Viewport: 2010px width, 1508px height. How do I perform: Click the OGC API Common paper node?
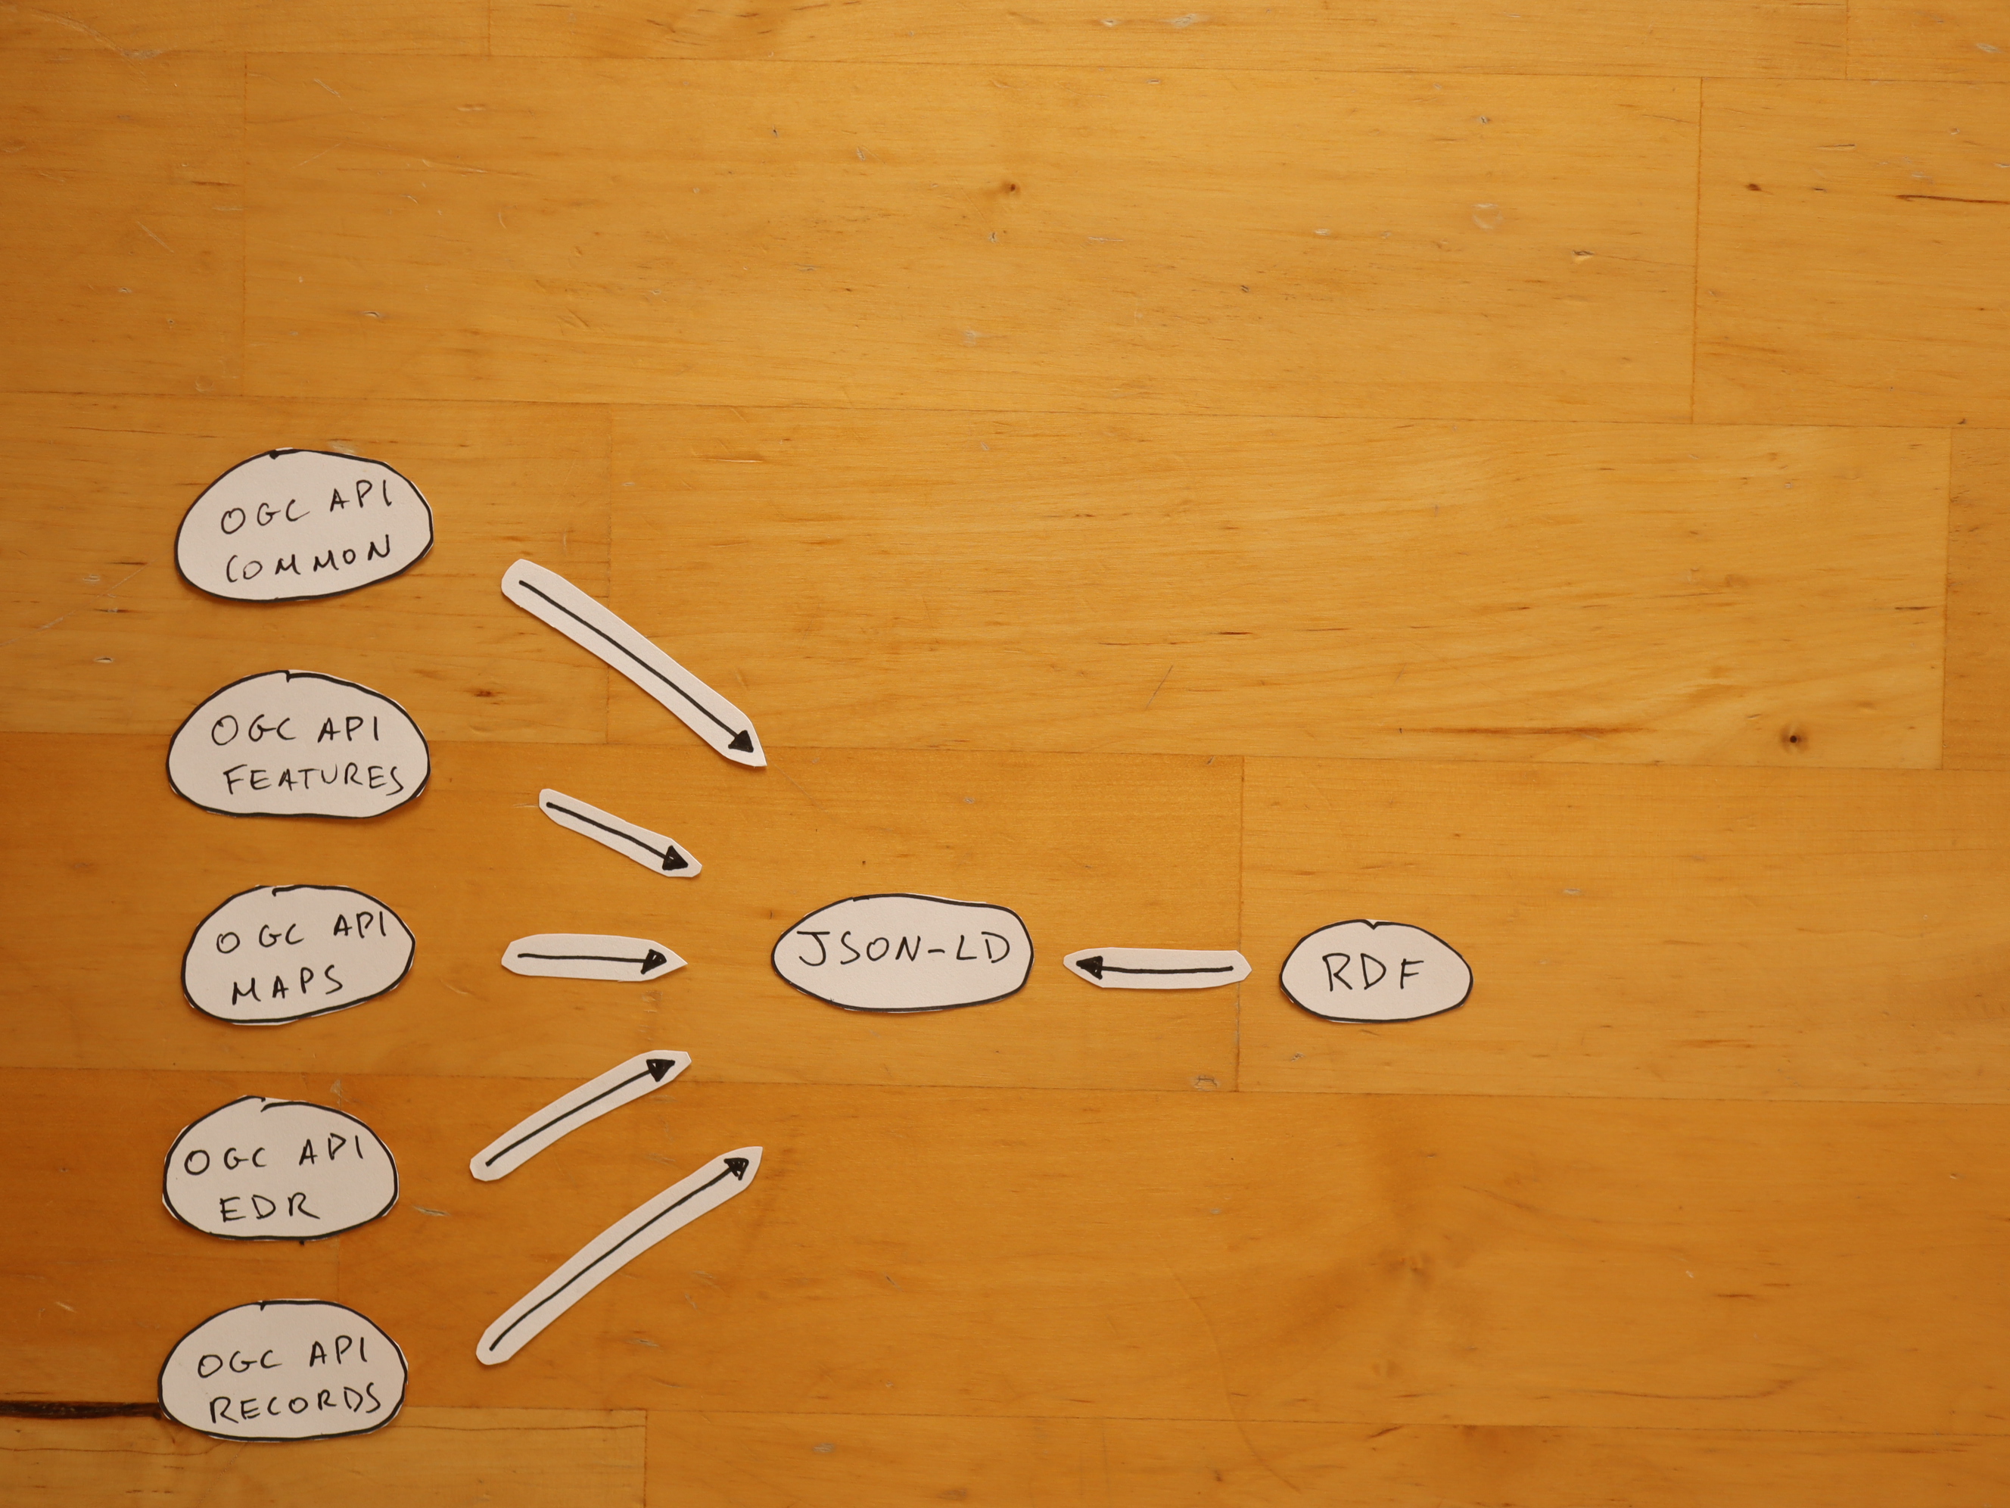[x=303, y=525]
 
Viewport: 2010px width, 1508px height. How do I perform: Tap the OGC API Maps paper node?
[x=299, y=955]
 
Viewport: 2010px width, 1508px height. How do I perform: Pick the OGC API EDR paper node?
[x=280, y=1170]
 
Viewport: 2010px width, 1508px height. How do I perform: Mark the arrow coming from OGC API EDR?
[x=580, y=1115]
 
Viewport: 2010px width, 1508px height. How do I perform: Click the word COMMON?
[x=309, y=561]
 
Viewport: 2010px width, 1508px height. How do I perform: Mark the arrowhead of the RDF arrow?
[x=1091, y=965]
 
